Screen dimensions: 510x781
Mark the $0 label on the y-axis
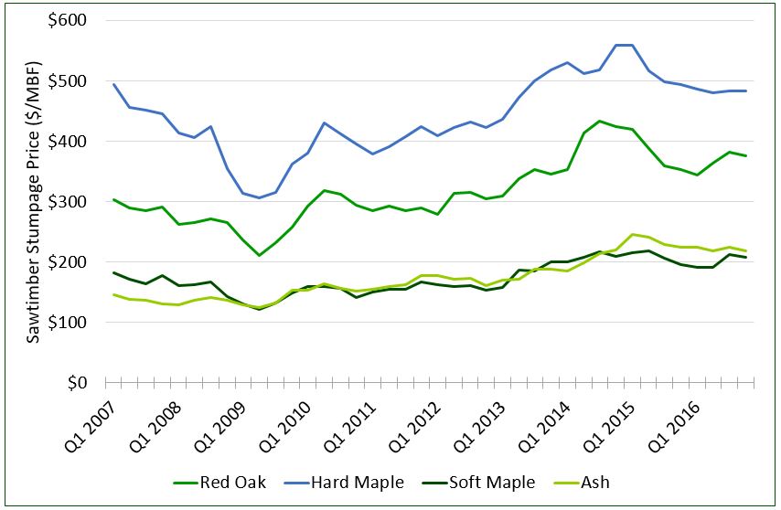(x=80, y=383)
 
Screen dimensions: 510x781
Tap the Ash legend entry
(x=583, y=483)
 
